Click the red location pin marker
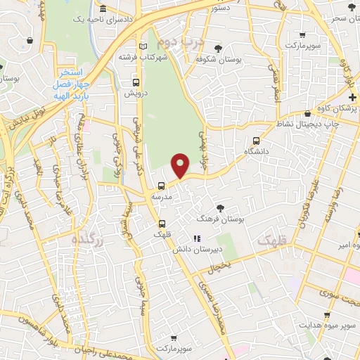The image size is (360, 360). (181, 165)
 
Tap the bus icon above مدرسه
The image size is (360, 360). (162, 186)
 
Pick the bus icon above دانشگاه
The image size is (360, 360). (256, 140)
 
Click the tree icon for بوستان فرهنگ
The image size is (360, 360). (221, 207)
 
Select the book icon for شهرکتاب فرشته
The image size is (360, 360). (144, 46)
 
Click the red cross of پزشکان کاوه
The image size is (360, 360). (352, 96)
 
